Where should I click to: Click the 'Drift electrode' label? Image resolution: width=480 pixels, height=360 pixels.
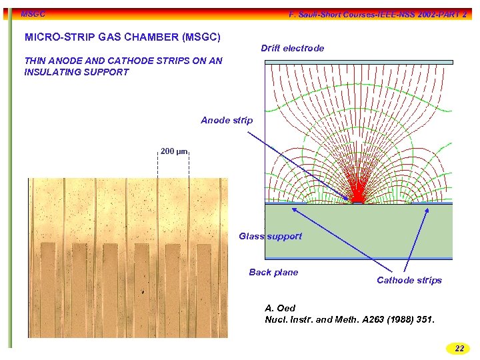click(x=292, y=48)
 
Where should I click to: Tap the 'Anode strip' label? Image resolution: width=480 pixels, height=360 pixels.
click(x=227, y=120)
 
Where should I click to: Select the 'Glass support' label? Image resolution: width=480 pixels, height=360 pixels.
click(x=270, y=236)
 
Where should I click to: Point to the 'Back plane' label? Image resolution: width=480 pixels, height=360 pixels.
click(x=273, y=272)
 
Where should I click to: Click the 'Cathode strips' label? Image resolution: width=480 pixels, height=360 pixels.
click(x=409, y=280)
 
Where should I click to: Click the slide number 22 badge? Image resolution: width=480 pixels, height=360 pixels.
click(x=459, y=348)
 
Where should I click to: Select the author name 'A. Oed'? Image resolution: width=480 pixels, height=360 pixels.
click(x=280, y=308)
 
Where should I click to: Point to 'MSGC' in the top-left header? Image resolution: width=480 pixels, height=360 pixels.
click(x=33, y=13)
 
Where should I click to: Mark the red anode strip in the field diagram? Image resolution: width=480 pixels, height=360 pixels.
click(x=358, y=199)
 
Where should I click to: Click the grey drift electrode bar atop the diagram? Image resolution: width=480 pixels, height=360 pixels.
click(x=359, y=62)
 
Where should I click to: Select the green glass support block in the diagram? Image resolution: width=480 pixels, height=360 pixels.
click(x=359, y=230)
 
